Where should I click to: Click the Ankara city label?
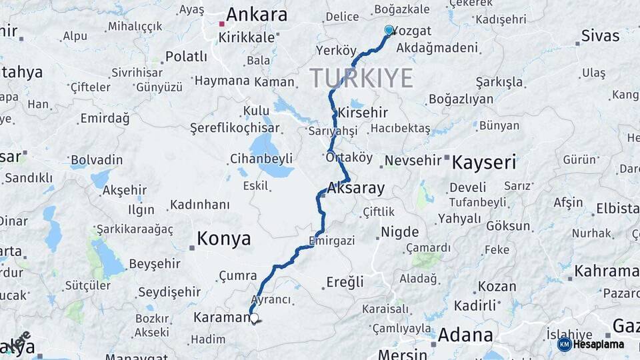[257, 15]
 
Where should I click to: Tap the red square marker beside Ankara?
[222, 24]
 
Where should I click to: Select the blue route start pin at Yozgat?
[389, 30]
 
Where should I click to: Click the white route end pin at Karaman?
[254, 319]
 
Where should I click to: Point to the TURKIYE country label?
[361, 78]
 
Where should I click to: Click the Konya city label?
[223, 239]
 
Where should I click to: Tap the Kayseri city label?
[484, 162]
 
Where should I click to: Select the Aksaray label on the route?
[356, 188]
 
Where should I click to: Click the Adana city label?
[465, 335]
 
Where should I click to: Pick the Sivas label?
[600, 35]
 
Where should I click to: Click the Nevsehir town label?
[413, 161]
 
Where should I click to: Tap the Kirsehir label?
[363, 112]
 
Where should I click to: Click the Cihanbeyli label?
[261, 159]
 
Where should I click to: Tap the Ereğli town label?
[345, 282]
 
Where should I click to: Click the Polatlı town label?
[186, 57]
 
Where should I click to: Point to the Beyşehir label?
[155, 263]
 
